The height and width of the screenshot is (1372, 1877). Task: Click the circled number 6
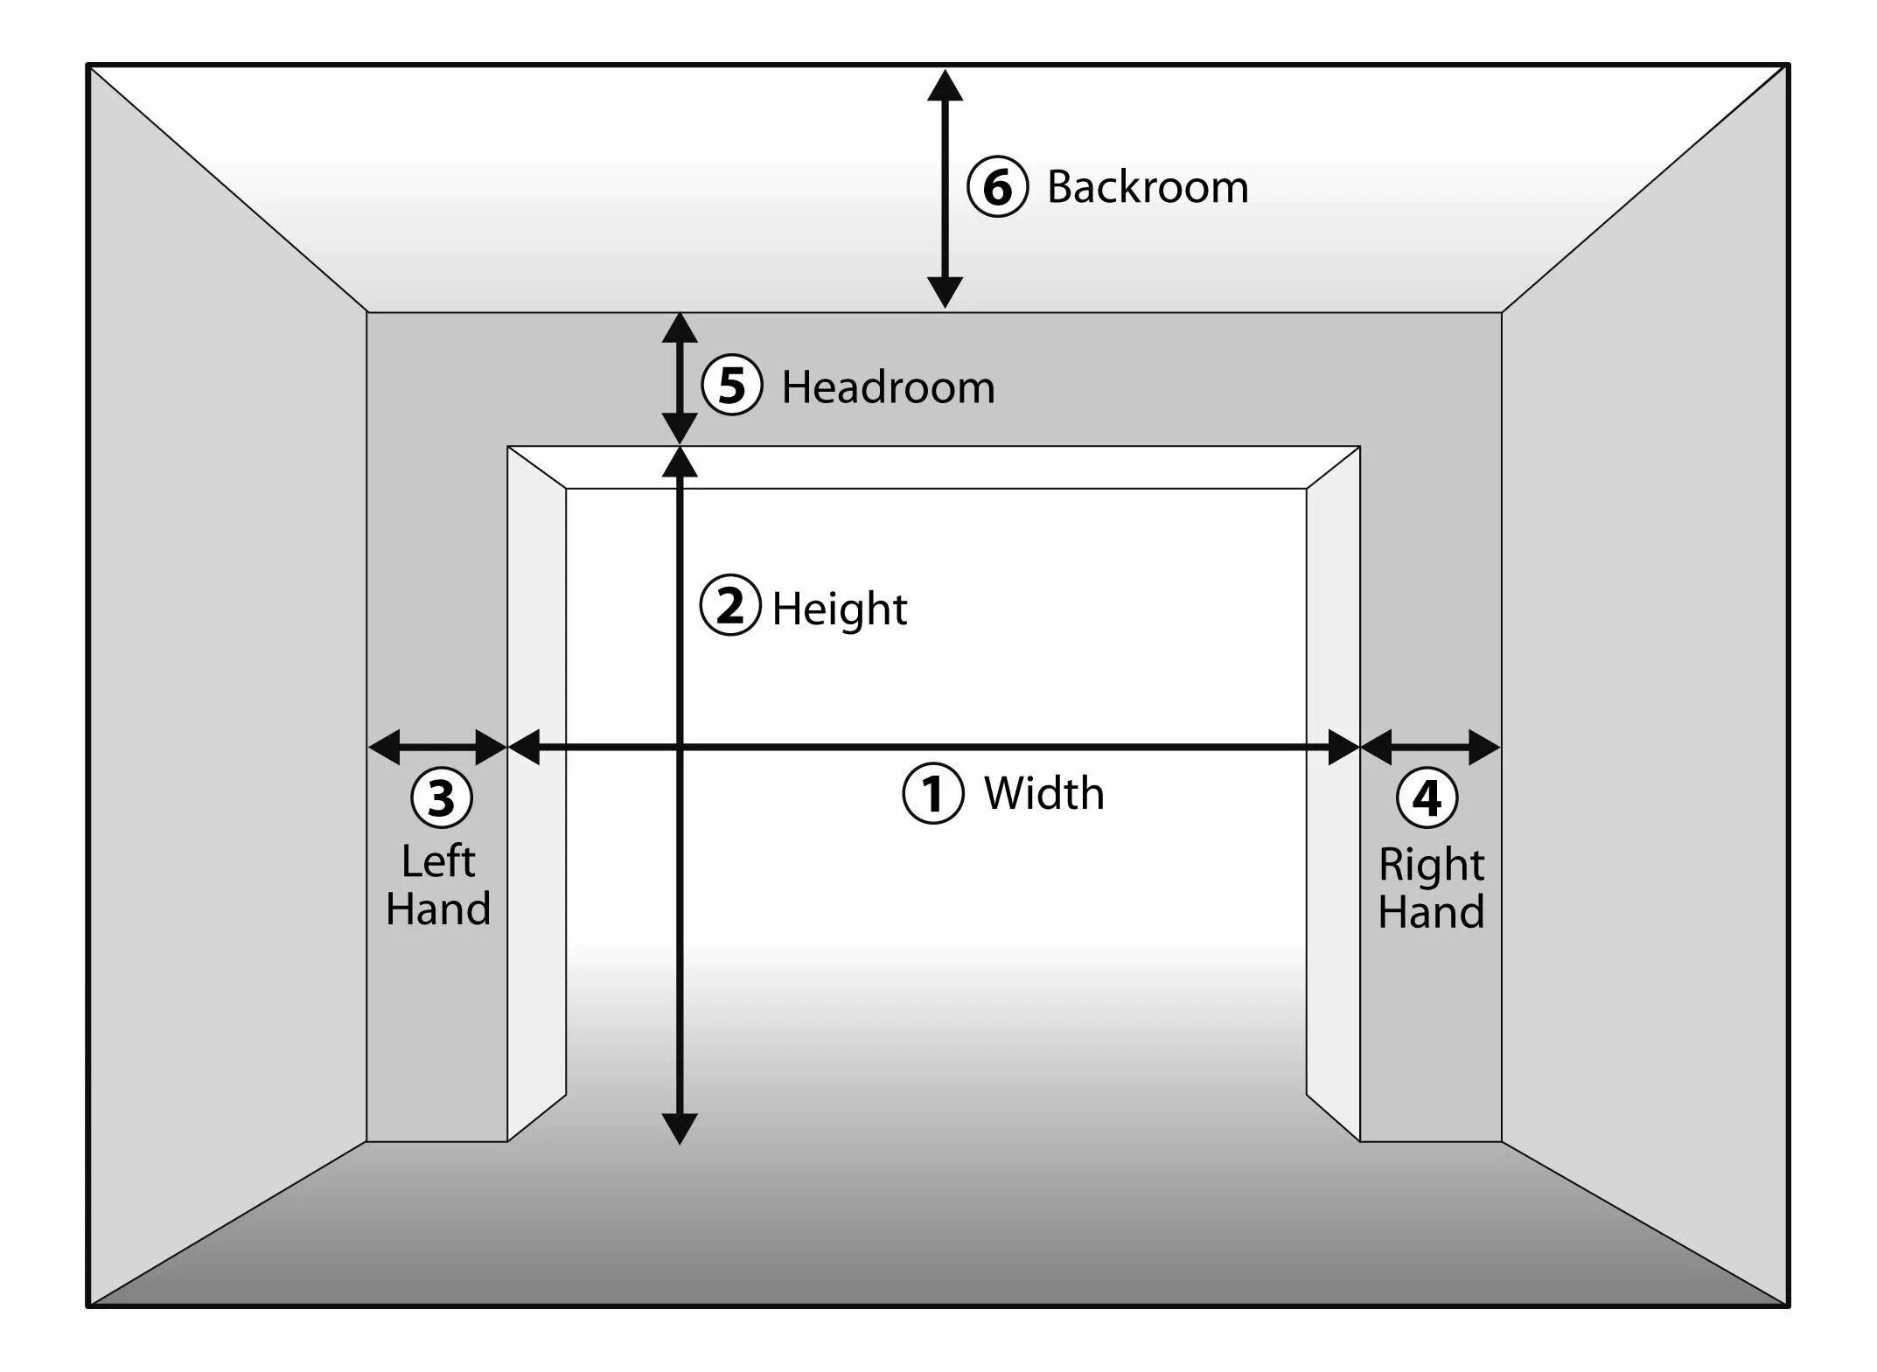pyautogui.click(x=997, y=186)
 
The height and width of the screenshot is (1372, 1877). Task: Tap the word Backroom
pyautogui.click(x=1148, y=187)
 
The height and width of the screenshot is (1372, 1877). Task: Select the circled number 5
pyautogui.click(x=731, y=385)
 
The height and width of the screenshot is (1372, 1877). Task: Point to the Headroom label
pyautogui.click(x=888, y=387)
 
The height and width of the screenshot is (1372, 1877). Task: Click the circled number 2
pyautogui.click(x=730, y=605)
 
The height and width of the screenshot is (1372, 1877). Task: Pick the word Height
pyautogui.click(x=839, y=609)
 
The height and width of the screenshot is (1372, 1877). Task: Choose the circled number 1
pyautogui.click(x=933, y=793)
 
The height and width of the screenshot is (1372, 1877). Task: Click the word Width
pyautogui.click(x=1043, y=793)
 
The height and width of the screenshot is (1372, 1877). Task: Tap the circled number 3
pyautogui.click(x=442, y=797)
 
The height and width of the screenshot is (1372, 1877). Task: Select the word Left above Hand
pyautogui.click(x=438, y=861)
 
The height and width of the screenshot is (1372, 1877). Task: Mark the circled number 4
pyautogui.click(x=1427, y=797)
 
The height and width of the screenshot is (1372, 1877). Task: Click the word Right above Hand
pyautogui.click(x=1431, y=864)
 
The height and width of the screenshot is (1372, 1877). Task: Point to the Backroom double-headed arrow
pyautogui.click(x=945, y=188)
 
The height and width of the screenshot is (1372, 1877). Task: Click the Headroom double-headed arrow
pyautogui.click(x=680, y=378)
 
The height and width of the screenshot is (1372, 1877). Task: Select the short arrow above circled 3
pyautogui.click(x=437, y=747)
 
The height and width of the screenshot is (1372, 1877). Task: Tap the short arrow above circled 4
pyautogui.click(x=1431, y=747)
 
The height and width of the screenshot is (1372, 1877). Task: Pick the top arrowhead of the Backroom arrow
pyautogui.click(x=945, y=86)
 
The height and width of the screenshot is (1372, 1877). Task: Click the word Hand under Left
pyautogui.click(x=438, y=909)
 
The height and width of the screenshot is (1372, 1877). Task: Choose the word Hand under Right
pyautogui.click(x=1431, y=911)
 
